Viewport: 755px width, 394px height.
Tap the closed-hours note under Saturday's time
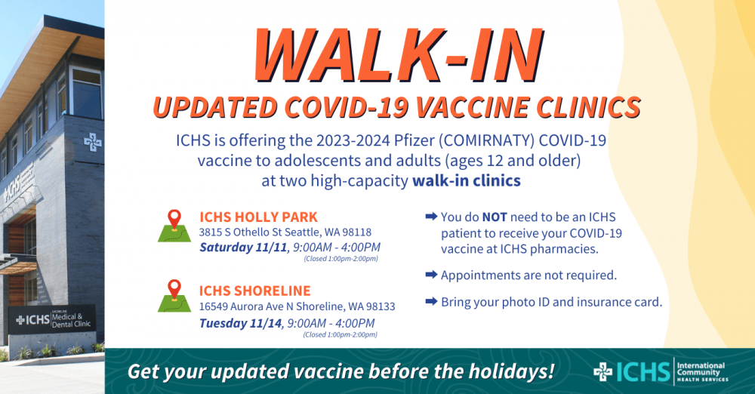(341, 259)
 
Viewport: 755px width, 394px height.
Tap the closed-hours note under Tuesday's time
(341, 334)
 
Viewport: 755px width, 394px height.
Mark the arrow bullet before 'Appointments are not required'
(431, 275)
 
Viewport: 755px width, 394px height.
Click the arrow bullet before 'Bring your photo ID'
(431, 302)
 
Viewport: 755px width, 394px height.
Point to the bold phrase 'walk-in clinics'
(467, 181)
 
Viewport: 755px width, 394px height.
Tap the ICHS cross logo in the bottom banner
(603, 371)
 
